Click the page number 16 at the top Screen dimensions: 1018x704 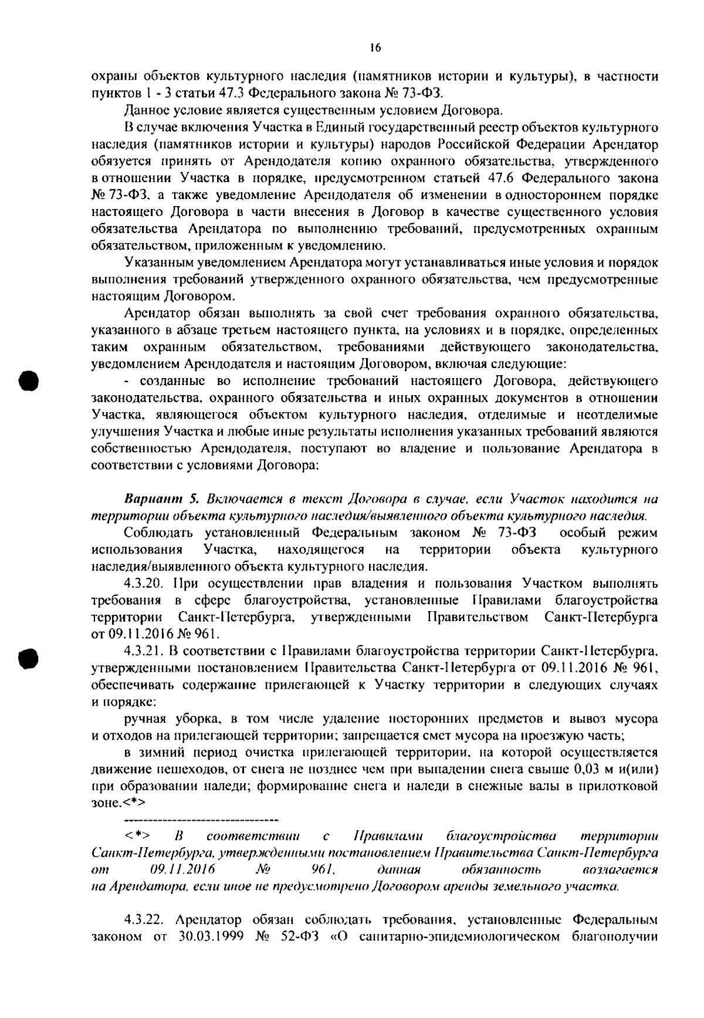(376, 49)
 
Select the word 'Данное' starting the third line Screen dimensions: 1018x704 (144, 110)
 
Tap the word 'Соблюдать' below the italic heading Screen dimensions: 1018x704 (155, 533)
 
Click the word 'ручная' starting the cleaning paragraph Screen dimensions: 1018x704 (144, 719)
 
